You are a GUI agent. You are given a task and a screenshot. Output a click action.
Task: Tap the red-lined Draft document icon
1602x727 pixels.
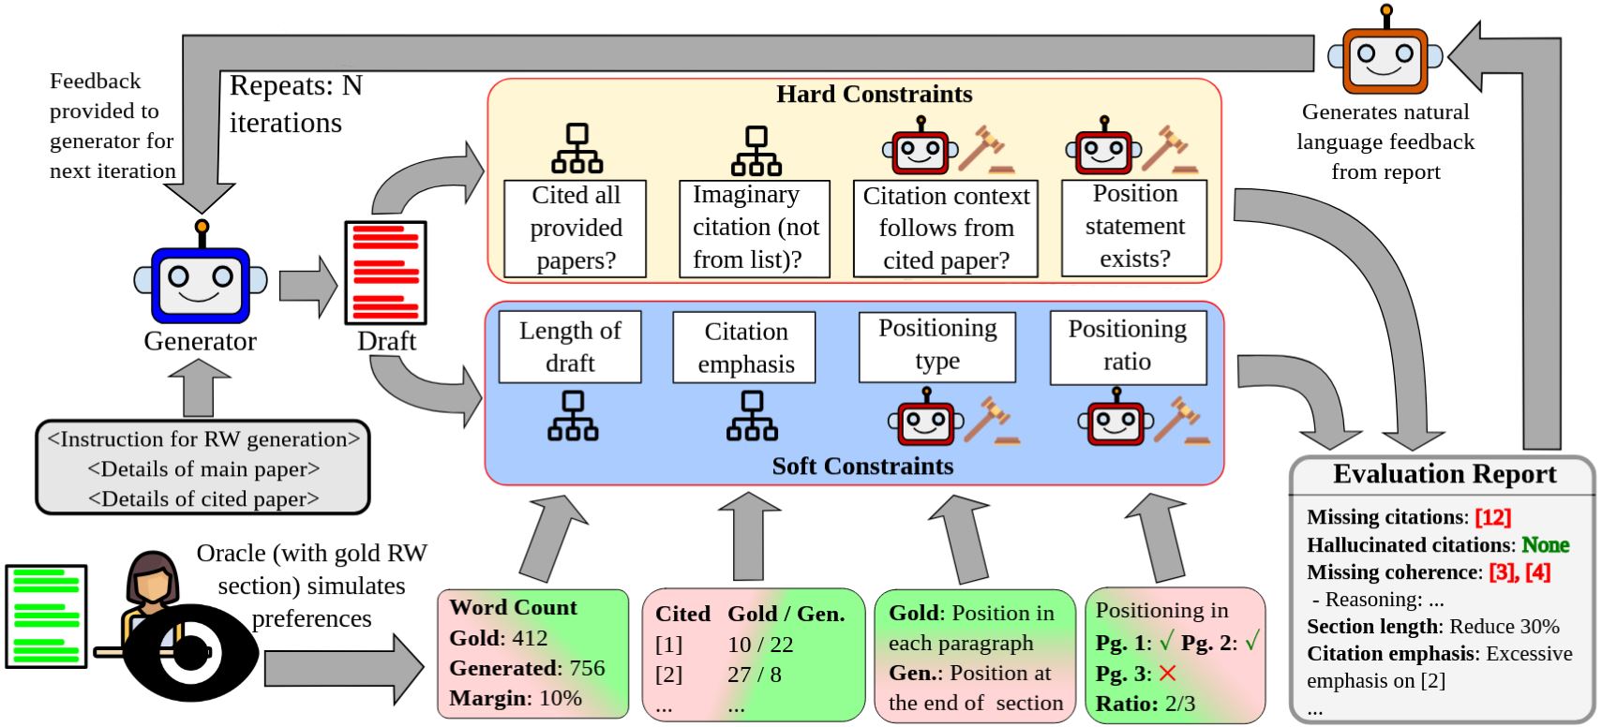385,273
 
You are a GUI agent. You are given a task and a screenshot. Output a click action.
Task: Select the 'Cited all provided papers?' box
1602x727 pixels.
575,228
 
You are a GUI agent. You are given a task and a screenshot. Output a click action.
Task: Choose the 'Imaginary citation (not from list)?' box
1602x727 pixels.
755,228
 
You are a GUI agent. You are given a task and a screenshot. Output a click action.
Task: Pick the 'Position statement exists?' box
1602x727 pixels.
1133,227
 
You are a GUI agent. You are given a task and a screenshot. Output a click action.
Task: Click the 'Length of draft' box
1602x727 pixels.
570,347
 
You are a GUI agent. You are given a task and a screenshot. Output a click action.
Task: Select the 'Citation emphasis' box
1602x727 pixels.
745,348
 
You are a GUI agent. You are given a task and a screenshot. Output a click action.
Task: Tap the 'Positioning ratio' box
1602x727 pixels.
1127,346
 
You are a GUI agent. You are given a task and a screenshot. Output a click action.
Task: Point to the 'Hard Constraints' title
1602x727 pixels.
874,95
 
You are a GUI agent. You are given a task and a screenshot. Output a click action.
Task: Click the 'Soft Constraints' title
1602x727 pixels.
862,466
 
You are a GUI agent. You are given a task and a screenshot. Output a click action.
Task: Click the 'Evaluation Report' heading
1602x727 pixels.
1444,475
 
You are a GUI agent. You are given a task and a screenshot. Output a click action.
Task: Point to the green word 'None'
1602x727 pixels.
1545,544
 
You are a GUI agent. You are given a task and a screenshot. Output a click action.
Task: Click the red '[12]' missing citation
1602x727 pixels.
1492,517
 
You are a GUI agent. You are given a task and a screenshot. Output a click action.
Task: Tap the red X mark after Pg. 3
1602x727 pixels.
1167,674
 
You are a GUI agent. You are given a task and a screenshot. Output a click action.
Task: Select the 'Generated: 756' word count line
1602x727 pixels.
527,668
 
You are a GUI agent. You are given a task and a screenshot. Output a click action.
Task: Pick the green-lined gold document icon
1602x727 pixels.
46,616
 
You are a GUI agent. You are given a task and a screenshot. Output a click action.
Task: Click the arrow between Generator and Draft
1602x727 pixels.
307,284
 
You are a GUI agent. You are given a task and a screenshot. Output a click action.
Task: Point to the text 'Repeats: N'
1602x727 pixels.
295,86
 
